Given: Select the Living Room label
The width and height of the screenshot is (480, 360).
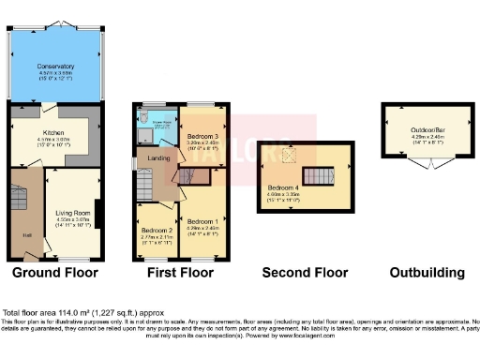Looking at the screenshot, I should click(72, 213).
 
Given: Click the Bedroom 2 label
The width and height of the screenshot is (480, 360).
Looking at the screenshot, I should click(157, 230).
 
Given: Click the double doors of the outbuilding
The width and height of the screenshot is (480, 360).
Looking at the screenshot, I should click(414, 167).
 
